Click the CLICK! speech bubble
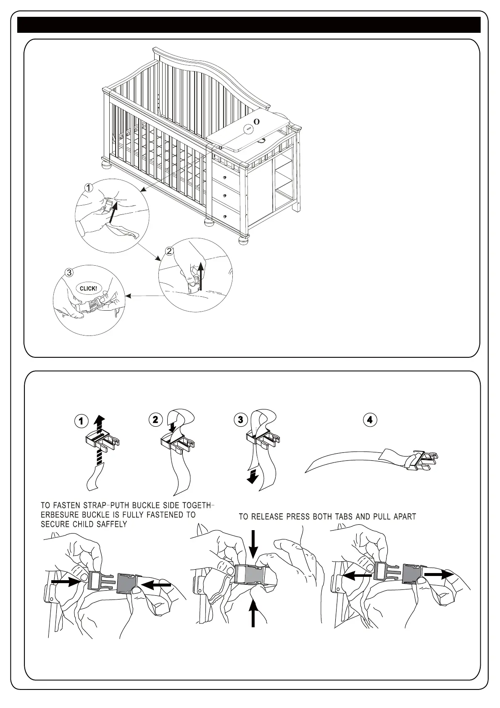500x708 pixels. pyautogui.click(x=88, y=288)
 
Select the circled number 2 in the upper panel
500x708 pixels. pyautogui.click(x=169, y=251)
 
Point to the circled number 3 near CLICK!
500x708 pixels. pyautogui.click(x=70, y=272)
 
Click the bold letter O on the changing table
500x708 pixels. pyautogui.click(x=257, y=122)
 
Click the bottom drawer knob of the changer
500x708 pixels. pyautogui.click(x=226, y=217)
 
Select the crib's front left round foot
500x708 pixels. pyautogui.click(x=106, y=164)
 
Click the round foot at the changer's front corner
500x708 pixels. pyautogui.click(x=243, y=241)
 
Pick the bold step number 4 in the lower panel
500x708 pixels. pyautogui.click(x=369, y=420)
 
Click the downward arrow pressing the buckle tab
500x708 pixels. pyautogui.click(x=253, y=544)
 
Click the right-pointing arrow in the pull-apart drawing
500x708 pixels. pyautogui.click(x=439, y=574)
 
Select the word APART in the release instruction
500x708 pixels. pyautogui.click(x=405, y=517)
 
